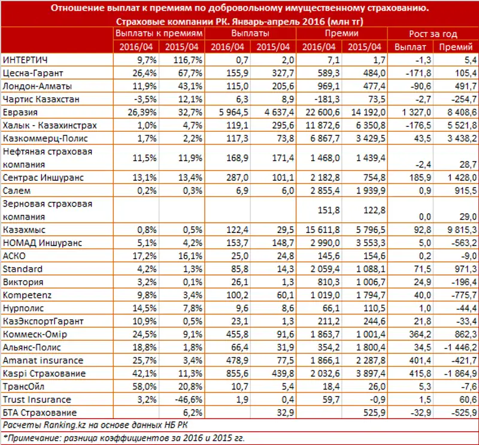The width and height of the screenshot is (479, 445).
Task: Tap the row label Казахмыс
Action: [25, 229]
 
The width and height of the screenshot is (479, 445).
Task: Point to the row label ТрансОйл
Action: [25, 386]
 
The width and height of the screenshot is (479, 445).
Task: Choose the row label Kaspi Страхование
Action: [37, 373]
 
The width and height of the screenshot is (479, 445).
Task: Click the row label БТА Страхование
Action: [40, 413]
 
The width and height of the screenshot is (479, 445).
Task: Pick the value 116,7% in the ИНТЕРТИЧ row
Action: [184, 60]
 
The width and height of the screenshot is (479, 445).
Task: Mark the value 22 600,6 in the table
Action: [324, 112]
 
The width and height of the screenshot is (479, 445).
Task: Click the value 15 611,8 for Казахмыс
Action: [324, 229]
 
